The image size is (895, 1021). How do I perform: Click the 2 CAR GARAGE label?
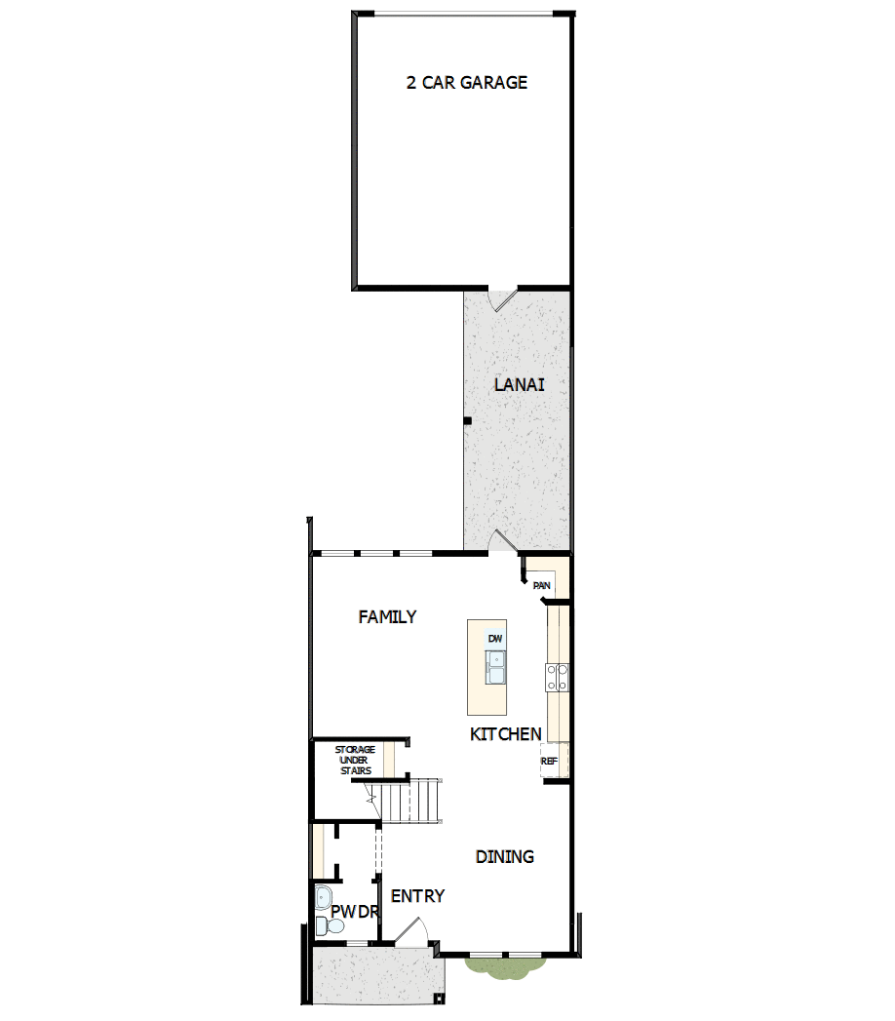tap(466, 83)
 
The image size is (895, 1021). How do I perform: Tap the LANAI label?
tap(519, 384)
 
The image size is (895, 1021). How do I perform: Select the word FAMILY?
tap(387, 616)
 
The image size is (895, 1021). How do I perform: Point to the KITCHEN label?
tap(505, 734)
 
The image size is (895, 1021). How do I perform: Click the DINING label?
tap(504, 857)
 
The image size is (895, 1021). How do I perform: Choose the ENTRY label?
tap(417, 896)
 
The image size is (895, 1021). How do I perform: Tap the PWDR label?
tap(353, 912)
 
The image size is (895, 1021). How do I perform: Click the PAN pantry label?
tap(542, 585)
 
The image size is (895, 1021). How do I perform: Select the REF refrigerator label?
tap(549, 760)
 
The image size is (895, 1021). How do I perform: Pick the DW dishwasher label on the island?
tap(495, 639)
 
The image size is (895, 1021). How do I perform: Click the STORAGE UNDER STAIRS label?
tap(355, 760)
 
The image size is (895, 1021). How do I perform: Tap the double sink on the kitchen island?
tap(495, 668)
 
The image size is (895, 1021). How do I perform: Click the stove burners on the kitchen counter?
tap(557, 677)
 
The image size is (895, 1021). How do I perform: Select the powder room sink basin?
tap(323, 897)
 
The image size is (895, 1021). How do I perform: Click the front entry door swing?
tap(409, 932)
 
